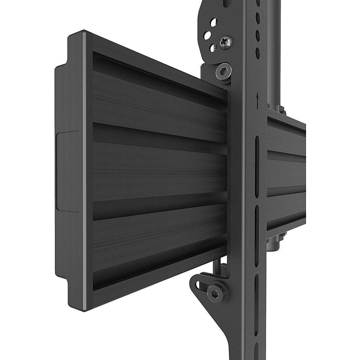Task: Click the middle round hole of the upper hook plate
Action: click(208, 36)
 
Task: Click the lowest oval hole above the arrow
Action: click(258, 52)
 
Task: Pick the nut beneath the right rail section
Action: click(279, 236)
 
